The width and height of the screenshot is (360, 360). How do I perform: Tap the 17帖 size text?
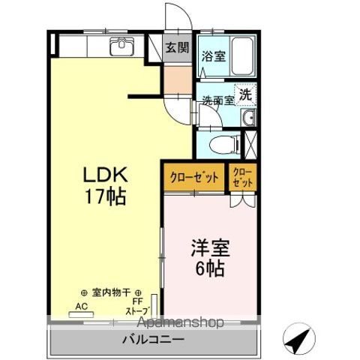click(103, 198)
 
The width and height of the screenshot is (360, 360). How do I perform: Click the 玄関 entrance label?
click(177, 46)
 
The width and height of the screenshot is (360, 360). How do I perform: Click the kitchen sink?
click(121, 47)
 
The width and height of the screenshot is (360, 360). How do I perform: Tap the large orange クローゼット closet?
click(193, 178)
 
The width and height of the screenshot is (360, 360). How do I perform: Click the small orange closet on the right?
click(243, 178)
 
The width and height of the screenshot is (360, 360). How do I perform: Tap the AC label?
click(80, 306)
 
